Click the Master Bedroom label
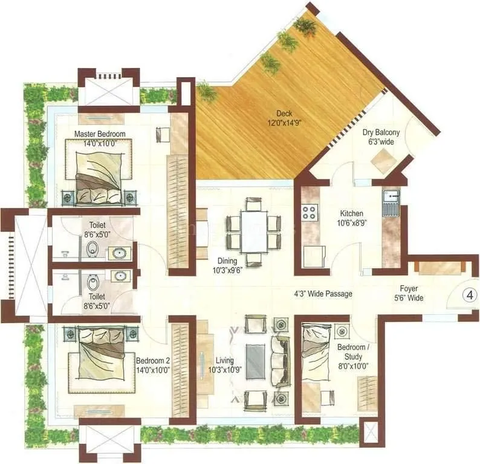(x=100, y=134)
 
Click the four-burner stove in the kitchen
(x=311, y=212)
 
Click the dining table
(x=254, y=231)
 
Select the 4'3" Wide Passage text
(x=323, y=294)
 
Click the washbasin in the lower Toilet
(x=120, y=275)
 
